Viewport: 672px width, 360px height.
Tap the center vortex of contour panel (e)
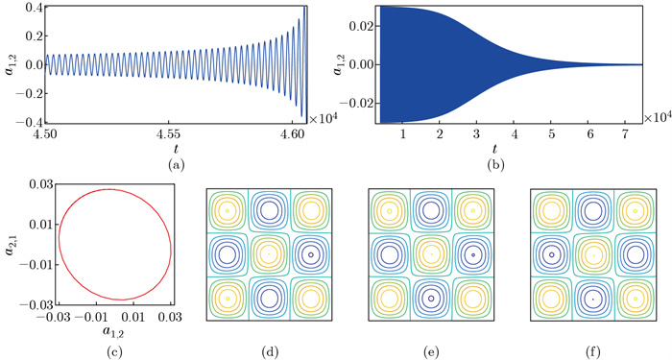click(x=431, y=254)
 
